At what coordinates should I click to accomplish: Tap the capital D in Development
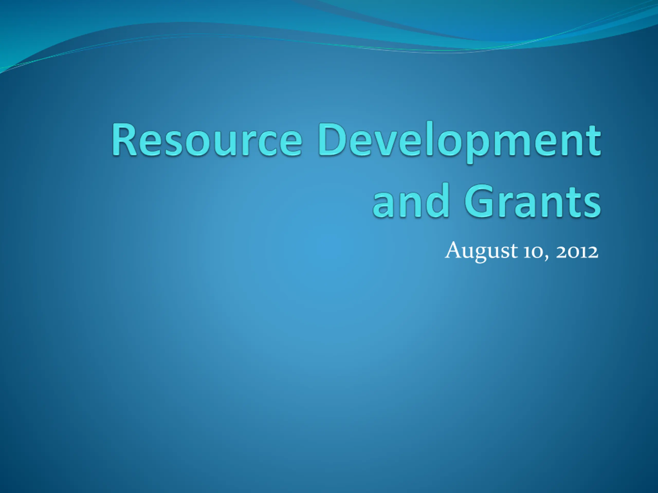click(x=331, y=139)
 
